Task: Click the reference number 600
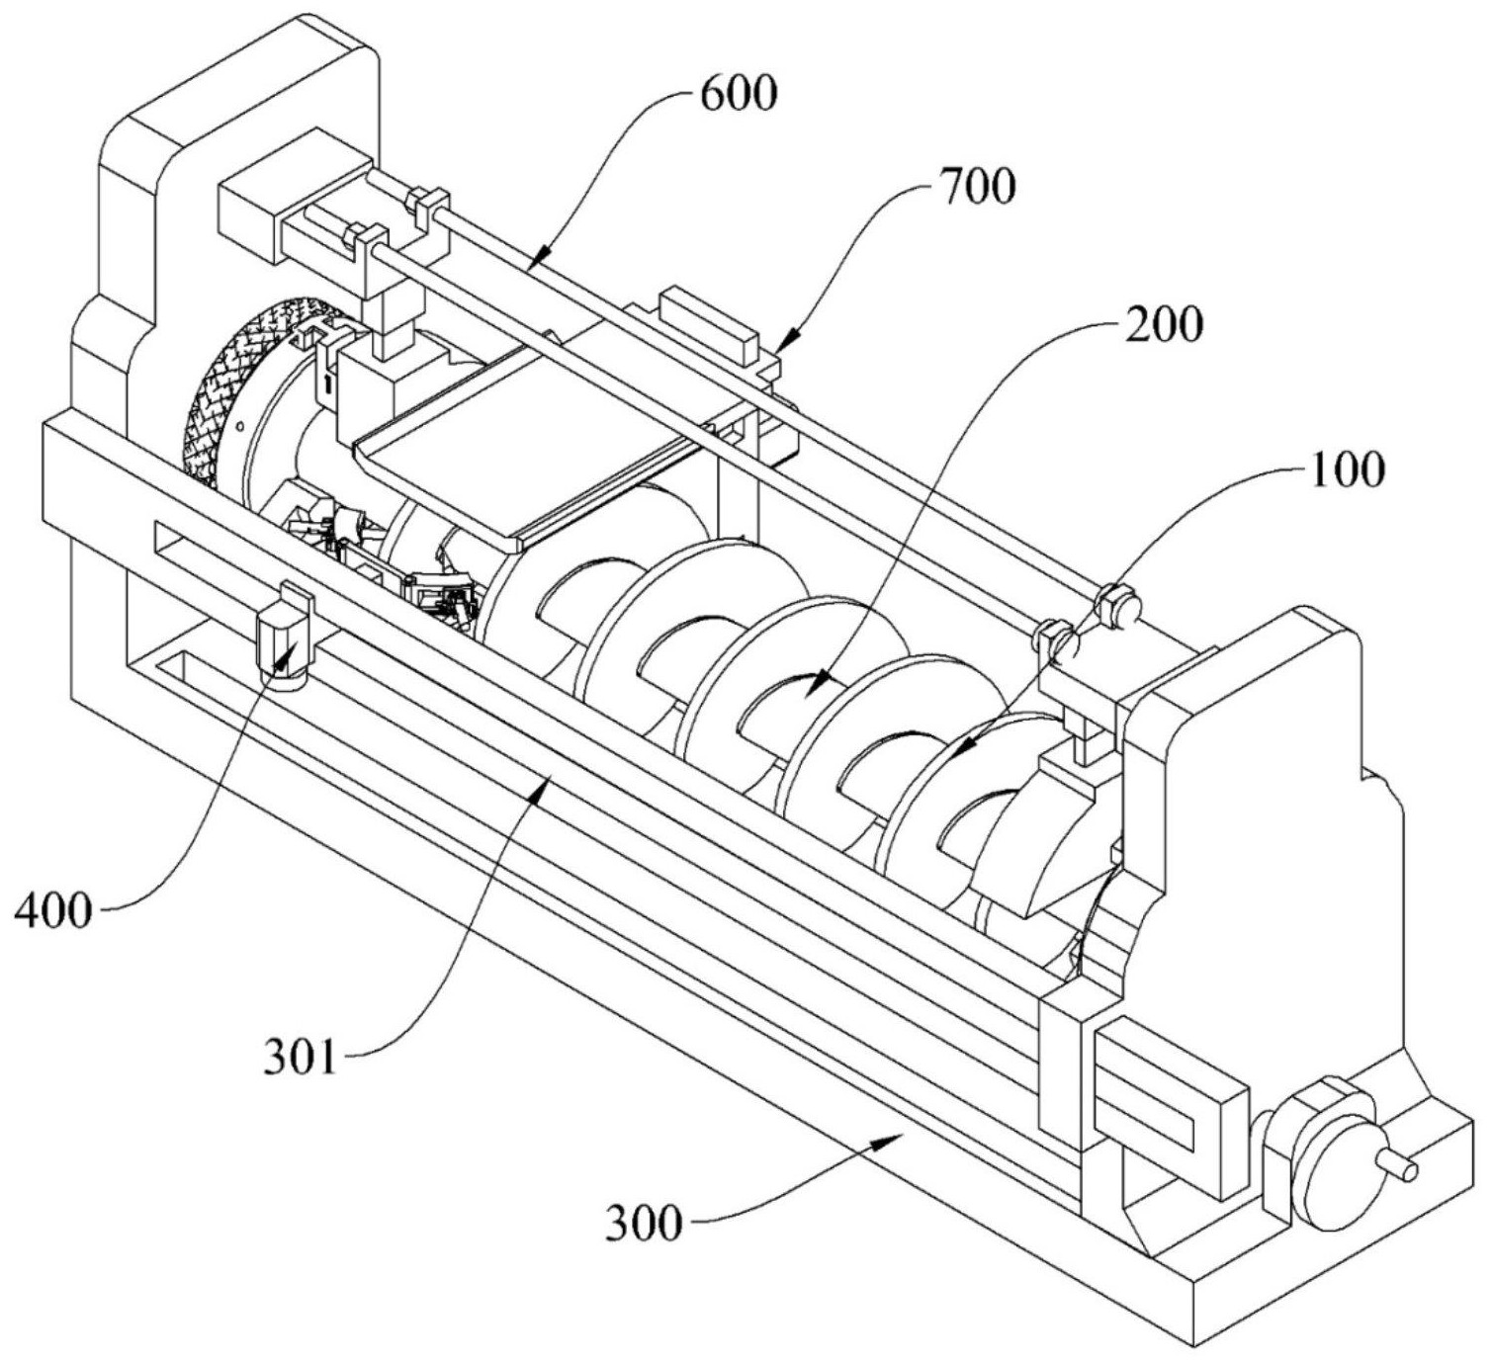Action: [x=739, y=95]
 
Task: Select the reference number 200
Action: [x=1163, y=325]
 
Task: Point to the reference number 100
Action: [x=1347, y=469]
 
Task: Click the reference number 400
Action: [x=55, y=910]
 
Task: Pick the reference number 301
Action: [x=300, y=1057]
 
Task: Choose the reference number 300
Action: [x=643, y=1223]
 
